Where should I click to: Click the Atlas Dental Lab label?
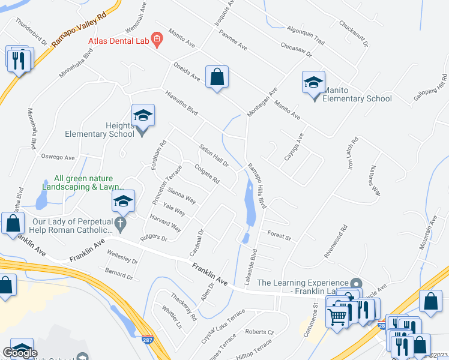(118, 41)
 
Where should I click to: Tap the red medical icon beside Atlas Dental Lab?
(157, 41)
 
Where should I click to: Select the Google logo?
(20, 353)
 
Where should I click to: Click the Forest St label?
(279, 235)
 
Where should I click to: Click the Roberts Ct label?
(259, 331)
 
